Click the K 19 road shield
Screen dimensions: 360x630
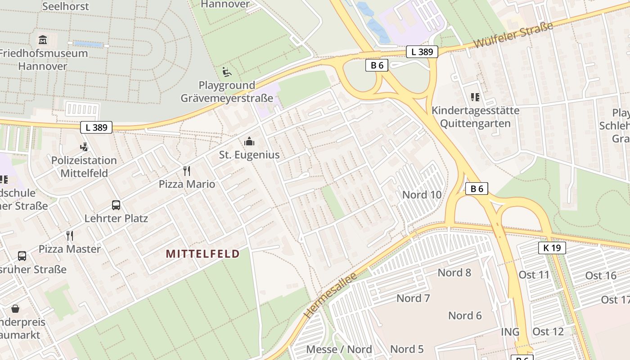click(x=552, y=248)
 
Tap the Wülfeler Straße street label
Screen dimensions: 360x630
click(x=513, y=36)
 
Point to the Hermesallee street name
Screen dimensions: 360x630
click(x=331, y=295)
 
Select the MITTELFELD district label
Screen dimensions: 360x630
click(x=202, y=254)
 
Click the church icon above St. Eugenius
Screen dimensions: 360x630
click(x=249, y=142)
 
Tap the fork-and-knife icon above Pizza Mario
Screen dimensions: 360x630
click(x=187, y=171)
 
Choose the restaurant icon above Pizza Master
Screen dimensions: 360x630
click(x=70, y=236)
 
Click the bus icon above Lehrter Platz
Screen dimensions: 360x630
click(x=116, y=206)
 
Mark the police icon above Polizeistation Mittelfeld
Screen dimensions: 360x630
click(x=83, y=147)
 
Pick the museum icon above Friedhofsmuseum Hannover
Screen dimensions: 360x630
click(x=43, y=40)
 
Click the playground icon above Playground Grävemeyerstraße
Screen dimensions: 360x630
click(x=227, y=72)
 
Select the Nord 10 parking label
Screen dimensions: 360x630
click(x=422, y=195)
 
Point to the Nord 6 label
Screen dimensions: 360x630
click(x=465, y=316)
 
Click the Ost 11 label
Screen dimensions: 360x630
click(x=534, y=275)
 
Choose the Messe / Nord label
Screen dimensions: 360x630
click(x=339, y=350)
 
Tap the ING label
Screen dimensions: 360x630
click(x=510, y=332)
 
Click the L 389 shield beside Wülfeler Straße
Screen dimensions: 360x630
click(x=422, y=52)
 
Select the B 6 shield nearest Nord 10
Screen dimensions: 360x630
click(x=477, y=189)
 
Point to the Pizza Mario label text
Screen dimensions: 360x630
click(x=187, y=184)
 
